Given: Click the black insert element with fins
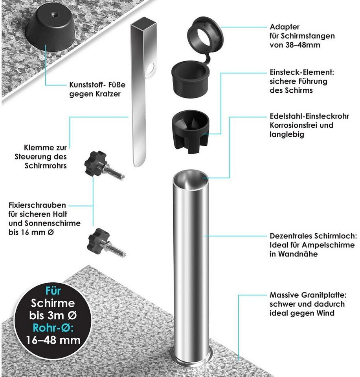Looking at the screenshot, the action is (191, 130).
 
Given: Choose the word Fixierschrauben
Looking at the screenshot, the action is (37, 206).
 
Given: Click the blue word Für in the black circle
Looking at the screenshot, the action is (53, 292).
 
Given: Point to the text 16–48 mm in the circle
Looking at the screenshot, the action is (53, 340).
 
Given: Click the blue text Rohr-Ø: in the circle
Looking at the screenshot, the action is (53, 328).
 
